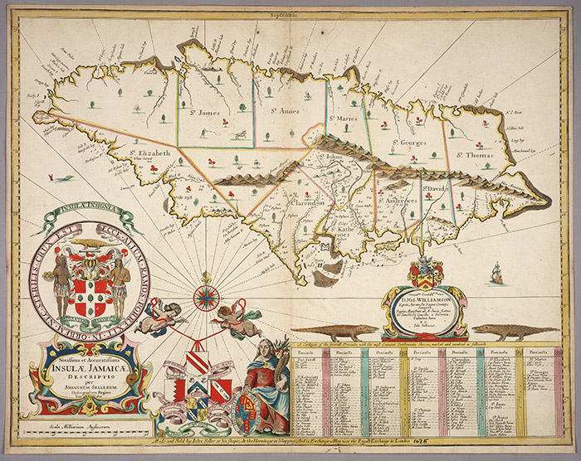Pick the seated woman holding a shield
coord(267,378)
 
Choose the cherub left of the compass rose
coord(164,315)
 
